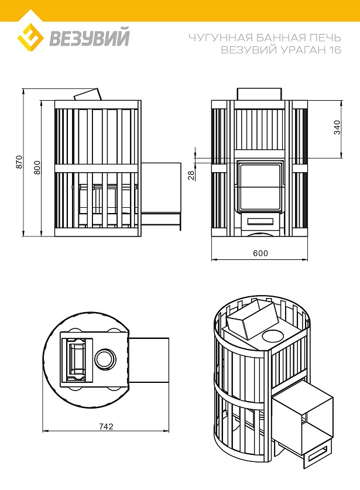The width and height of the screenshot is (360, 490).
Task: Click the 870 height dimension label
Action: (x=19, y=162)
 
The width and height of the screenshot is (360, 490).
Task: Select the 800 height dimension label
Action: (x=37, y=167)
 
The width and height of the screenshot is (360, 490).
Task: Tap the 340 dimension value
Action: (x=337, y=128)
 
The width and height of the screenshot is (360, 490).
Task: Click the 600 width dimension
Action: (x=260, y=253)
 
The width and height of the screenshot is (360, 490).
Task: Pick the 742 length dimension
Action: (x=106, y=427)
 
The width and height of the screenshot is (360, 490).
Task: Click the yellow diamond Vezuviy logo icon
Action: (x=30, y=37)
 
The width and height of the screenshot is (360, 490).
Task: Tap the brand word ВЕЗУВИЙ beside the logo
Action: (x=90, y=37)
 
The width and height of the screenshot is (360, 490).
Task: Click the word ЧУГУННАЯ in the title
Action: (x=220, y=38)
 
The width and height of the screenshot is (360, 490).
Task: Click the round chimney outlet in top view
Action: (x=105, y=358)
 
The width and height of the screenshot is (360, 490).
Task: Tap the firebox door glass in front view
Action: (x=260, y=187)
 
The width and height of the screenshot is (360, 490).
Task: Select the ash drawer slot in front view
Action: (x=260, y=221)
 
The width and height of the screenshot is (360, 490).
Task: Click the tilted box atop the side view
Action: (x=88, y=94)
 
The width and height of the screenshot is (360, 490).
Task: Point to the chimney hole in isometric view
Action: (x=273, y=336)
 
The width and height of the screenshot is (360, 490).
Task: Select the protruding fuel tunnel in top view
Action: (x=149, y=359)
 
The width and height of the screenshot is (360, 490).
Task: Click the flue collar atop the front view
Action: (x=260, y=94)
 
